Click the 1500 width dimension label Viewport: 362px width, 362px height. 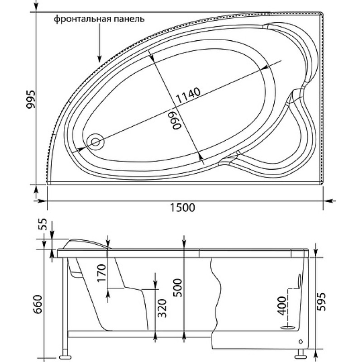click(182, 208)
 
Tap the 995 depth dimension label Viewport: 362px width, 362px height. click(31, 99)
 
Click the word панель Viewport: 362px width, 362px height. click(129, 19)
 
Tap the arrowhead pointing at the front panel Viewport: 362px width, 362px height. click(99, 59)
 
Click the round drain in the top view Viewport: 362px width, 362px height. click(95, 142)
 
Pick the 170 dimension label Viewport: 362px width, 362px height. click(101, 274)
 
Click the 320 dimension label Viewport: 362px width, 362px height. click(162, 308)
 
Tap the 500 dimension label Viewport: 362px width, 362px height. click(178, 288)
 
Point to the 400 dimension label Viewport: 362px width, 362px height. click(281, 306)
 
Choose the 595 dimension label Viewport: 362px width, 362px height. click(321, 302)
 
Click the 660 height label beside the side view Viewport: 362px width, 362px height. click(38, 304)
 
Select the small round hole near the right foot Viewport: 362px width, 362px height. click(301, 341)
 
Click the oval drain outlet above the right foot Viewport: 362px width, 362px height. click(288, 327)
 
